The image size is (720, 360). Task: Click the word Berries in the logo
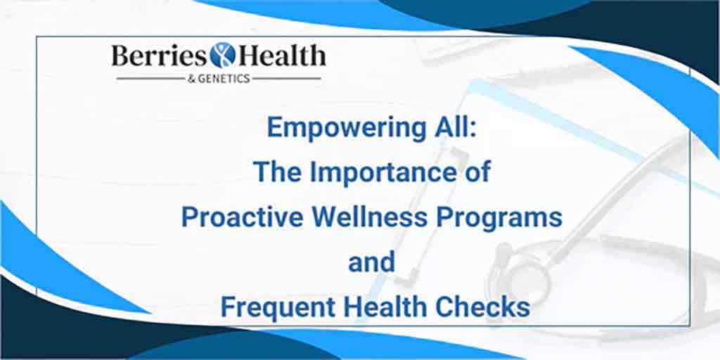[159, 56]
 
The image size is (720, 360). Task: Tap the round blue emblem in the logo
[222, 55]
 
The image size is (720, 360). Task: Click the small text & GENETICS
[219, 79]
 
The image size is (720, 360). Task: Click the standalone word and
[371, 263]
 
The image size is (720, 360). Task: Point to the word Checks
[482, 308]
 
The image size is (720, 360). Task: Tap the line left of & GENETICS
[150, 79]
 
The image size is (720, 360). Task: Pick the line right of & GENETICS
[287, 79]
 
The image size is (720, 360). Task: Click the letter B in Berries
[120, 56]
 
